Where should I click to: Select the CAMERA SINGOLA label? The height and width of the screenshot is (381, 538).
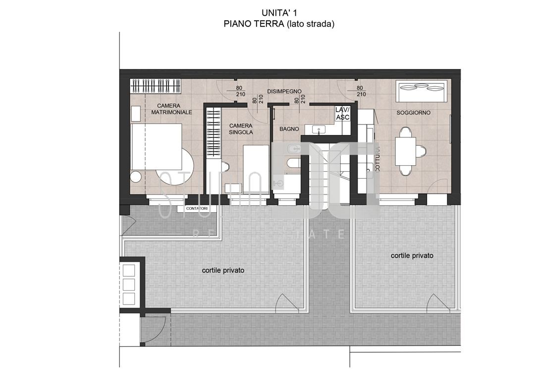241,129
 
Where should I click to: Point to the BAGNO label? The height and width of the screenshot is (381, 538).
289,129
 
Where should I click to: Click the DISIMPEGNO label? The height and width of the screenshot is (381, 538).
284,92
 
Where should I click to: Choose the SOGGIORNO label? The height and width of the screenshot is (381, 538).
414,113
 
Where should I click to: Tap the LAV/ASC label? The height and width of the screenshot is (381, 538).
343,113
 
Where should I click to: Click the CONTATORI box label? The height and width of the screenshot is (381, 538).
197,209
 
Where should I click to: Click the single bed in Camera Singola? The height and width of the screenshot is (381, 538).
256,169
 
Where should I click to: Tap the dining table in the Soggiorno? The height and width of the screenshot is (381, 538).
406,151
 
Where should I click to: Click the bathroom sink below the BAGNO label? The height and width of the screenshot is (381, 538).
319,130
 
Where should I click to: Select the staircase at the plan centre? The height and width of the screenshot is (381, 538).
325,174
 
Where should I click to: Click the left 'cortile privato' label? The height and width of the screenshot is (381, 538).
223,270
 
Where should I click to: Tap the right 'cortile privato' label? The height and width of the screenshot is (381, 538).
412,255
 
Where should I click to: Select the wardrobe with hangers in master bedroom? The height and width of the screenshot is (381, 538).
156,86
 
